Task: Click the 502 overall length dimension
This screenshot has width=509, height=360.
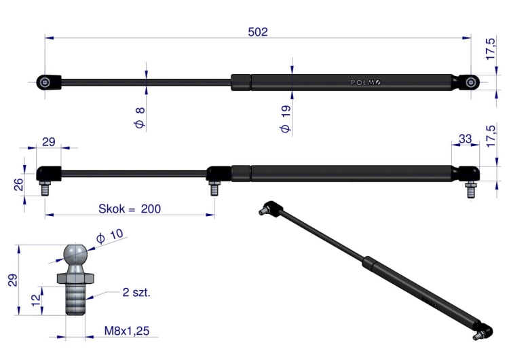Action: [258, 32]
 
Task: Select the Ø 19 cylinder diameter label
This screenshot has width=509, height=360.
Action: [286, 119]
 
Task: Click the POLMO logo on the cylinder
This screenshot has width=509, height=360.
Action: [366, 82]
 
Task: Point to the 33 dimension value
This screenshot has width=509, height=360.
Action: [465, 139]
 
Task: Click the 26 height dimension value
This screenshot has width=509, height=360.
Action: [19, 184]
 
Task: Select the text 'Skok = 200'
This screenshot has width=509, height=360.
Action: [130, 209]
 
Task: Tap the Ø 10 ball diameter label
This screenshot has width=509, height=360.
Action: [110, 236]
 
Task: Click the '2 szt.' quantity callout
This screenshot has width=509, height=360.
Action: [136, 292]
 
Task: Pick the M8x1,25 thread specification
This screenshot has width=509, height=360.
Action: [127, 331]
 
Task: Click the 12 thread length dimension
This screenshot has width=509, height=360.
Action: [36, 298]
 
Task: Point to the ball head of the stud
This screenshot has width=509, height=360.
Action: [75, 255]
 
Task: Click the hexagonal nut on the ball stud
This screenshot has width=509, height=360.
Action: [75, 278]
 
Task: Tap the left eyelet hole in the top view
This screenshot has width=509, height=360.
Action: [45, 82]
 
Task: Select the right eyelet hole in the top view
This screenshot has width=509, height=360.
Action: [471, 82]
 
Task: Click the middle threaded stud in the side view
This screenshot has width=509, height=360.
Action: [214, 188]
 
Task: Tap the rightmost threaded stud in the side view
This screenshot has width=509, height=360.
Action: [470, 190]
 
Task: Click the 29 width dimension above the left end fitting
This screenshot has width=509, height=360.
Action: [49, 142]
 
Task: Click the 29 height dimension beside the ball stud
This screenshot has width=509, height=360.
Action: [12, 280]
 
